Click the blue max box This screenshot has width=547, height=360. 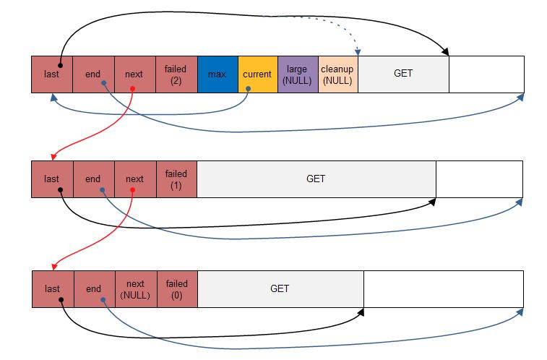pyautogui.click(x=217, y=74)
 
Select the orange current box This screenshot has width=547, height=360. pyautogui.click(x=258, y=74)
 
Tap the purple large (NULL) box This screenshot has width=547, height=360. pyautogui.click(x=298, y=74)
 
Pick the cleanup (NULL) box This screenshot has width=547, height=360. pyautogui.click(x=338, y=74)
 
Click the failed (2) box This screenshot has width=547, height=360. pyautogui.click(x=176, y=74)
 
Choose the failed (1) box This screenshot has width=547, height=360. pyautogui.click(x=176, y=179)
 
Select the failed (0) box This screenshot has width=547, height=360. pyautogui.click(x=177, y=289)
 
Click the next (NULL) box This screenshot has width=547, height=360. pyautogui.click(x=136, y=289)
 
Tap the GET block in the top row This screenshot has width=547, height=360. pyautogui.click(x=404, y=74)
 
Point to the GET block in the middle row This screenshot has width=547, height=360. pyautogui.click(x=316, y=179)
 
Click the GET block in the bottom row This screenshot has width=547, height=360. pyautogui.click(x=280, y=289)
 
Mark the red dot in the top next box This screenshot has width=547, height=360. pyautogui.click(x=132, y=89)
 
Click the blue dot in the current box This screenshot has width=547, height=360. pyautogui.click(x=248, y=89)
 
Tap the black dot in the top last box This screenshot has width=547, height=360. pyautogui.click(x=61, y=65)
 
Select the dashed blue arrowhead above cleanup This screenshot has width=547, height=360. pyautogui.click(x=358, y=52)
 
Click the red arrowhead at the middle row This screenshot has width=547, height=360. pyautogui.click(x=53, y=157)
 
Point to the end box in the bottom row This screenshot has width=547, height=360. pyautogui.click(x=94, y=289)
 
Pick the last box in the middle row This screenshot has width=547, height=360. pyautogui.click(x=52, y=179)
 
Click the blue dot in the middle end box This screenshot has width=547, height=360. pyautogui.click(x=102, y=190)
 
